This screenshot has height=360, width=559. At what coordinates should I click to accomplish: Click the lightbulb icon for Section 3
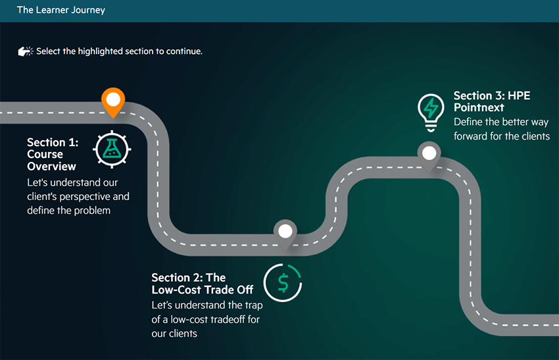pyautogui.click(x=431, y=110)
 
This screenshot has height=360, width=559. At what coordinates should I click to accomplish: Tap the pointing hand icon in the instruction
pyautogui.click(x=26, y=51)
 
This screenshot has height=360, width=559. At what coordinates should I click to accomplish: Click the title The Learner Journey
pyautogui.click(x=61, y=11)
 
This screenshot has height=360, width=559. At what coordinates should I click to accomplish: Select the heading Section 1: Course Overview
pyautogui.click(x=52, y=154)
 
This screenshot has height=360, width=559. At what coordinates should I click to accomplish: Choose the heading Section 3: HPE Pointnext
pyautogui.click(x=491, y=101)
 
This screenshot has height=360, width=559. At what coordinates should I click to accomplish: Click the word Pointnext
pyautogui.click(x=479, y=107)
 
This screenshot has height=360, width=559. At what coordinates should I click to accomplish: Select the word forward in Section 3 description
pyautogui.click(x=470, y=136)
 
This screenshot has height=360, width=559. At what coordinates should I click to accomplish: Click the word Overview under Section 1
pyautogui.click(x=51, y=167)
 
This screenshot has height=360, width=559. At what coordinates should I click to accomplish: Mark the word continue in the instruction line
pyautogui.click(x=184, y=51)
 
